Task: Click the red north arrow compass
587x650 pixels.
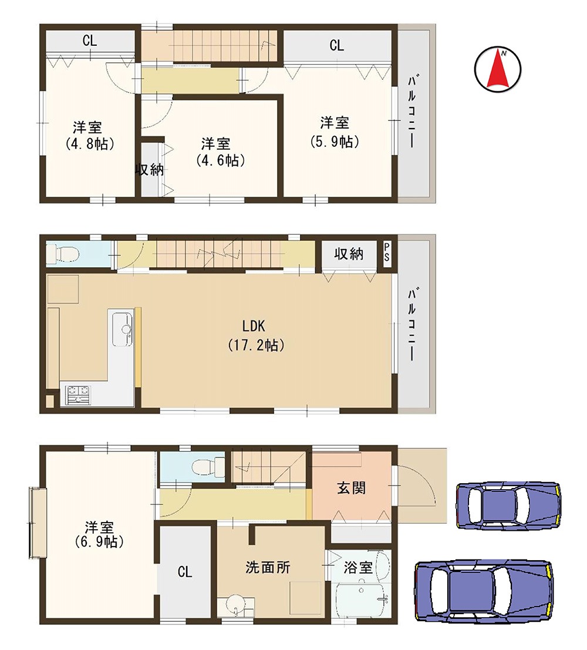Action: point(497,70)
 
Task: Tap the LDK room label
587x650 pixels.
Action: point(254,326)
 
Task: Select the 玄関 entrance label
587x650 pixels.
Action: point(352,488)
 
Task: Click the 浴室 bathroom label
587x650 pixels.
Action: point(357,568)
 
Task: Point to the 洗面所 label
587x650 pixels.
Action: point(268,567)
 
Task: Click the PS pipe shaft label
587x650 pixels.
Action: point(387,252)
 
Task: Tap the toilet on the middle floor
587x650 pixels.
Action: point(63,253)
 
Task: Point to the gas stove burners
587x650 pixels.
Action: point(78,394)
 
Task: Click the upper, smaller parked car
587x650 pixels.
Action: point(508,506)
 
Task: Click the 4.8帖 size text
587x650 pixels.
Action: point(90,143)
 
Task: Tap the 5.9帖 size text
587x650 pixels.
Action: point(335,142)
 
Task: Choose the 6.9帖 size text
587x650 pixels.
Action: point(99,541)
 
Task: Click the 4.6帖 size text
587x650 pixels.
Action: point(221,160)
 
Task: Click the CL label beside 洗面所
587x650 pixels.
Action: point(185,572)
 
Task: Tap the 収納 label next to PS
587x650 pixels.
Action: point(349,253)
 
